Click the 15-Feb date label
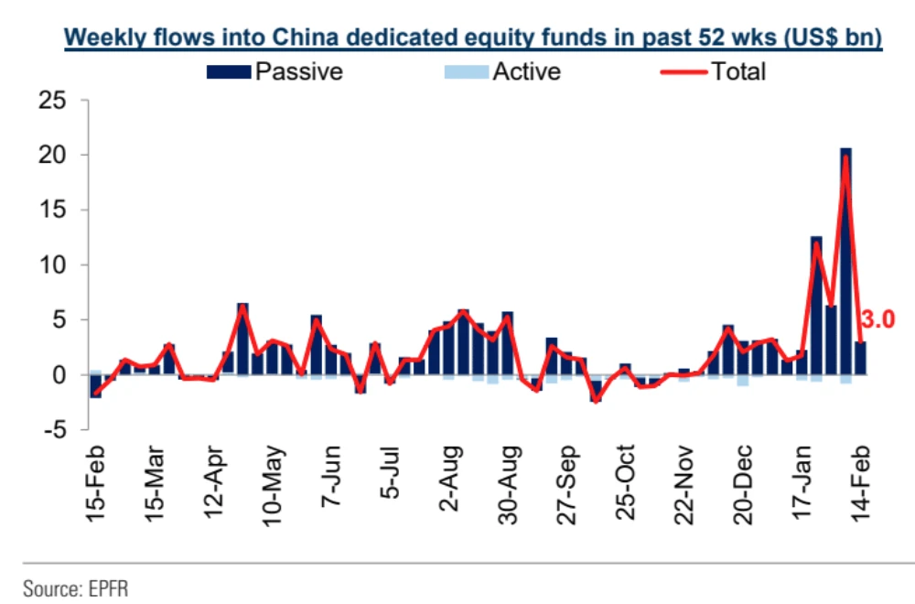pyautogui.click(x=97, y=485)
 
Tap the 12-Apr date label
pyautogui.click(x=216, y=485)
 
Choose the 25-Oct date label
pyautogui.click(x=627, y=485)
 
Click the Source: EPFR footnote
pyautogui.click(x=76, y=587)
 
